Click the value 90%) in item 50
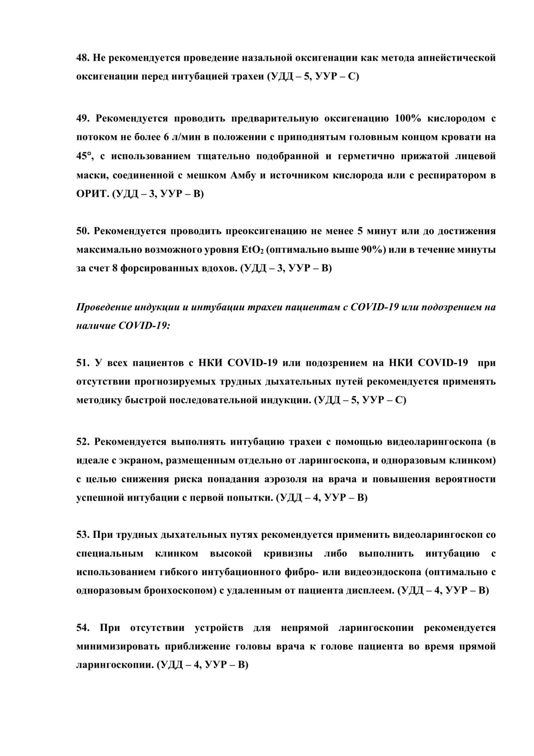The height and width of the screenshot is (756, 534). (x=373, y=250)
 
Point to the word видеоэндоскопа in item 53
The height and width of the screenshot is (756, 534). (x=382, y=572)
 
